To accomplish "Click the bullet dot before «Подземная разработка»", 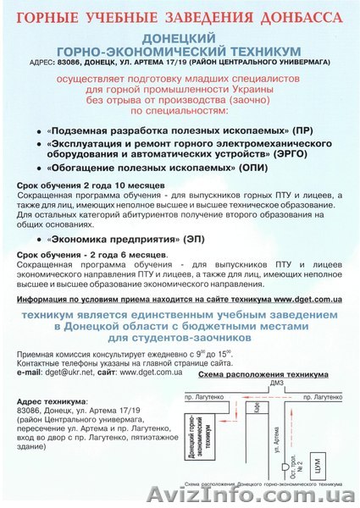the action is [41, 133].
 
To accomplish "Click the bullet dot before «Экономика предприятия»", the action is [42, 239].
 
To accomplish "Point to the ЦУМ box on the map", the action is [319, 462].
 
